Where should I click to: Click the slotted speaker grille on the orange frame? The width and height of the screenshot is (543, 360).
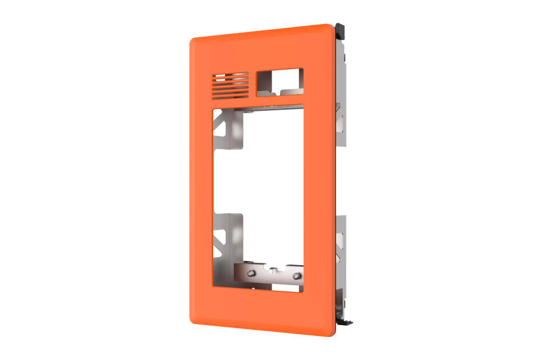tap(230, 85)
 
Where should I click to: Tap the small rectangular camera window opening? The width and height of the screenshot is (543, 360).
tap(280, 81)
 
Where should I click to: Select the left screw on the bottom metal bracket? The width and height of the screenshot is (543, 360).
tap(250, 274)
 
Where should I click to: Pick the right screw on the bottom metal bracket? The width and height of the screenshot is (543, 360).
tap(296, 277)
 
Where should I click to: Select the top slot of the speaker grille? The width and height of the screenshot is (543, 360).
tap(230, 74)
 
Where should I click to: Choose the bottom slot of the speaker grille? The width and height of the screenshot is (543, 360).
tap(230, 95)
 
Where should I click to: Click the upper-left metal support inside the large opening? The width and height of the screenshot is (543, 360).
tap(229, 129)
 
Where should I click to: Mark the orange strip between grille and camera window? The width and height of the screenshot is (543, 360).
tap(253, 84)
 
